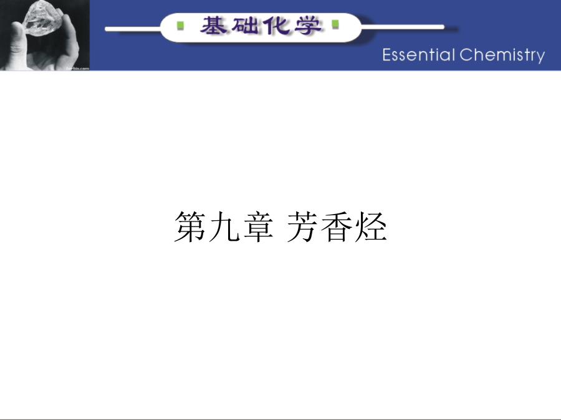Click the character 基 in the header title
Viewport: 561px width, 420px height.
coord(213,26)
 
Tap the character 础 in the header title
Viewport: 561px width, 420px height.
coord(245,26)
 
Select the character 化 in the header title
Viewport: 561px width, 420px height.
coord(276,26)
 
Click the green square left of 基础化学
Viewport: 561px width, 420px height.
coord(181,26)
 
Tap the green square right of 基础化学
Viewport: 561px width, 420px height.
coord(335,24)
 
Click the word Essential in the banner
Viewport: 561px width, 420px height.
coord(419,55)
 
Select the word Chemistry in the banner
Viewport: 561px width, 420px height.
coord(502,56)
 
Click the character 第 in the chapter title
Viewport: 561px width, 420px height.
coord(189,226)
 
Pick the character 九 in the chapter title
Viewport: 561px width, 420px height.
coord(224,226)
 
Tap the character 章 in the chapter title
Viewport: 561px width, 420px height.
coord(258,226)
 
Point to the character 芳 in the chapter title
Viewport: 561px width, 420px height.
coord(302,226)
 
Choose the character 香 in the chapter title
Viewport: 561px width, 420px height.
coord(336,226)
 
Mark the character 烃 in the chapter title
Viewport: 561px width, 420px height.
coord(371,226)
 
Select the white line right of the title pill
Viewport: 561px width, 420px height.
coord(402,27)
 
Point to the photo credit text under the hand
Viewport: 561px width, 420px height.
coord(78,68)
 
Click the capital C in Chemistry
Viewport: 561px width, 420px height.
coord(466,55)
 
